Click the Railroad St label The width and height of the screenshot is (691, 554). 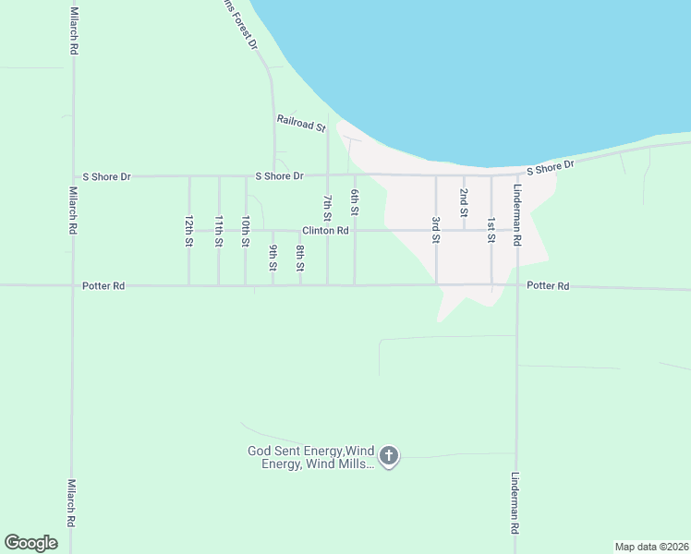click(302, 123)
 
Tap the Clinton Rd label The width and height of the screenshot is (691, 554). click(324, 230)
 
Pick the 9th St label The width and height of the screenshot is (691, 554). click(273, 258)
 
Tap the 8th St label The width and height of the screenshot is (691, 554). click(300, 258)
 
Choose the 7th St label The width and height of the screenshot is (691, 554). click(327, 209)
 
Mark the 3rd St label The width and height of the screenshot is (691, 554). click(435, 229)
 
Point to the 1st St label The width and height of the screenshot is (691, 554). click(491, 229)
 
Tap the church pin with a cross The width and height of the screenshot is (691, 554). click(389, 456)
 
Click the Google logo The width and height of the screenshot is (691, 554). click(30, 543)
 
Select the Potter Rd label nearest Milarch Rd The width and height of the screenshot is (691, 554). click(103, 286)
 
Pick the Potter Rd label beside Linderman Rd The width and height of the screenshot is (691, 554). click(548, 286)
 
